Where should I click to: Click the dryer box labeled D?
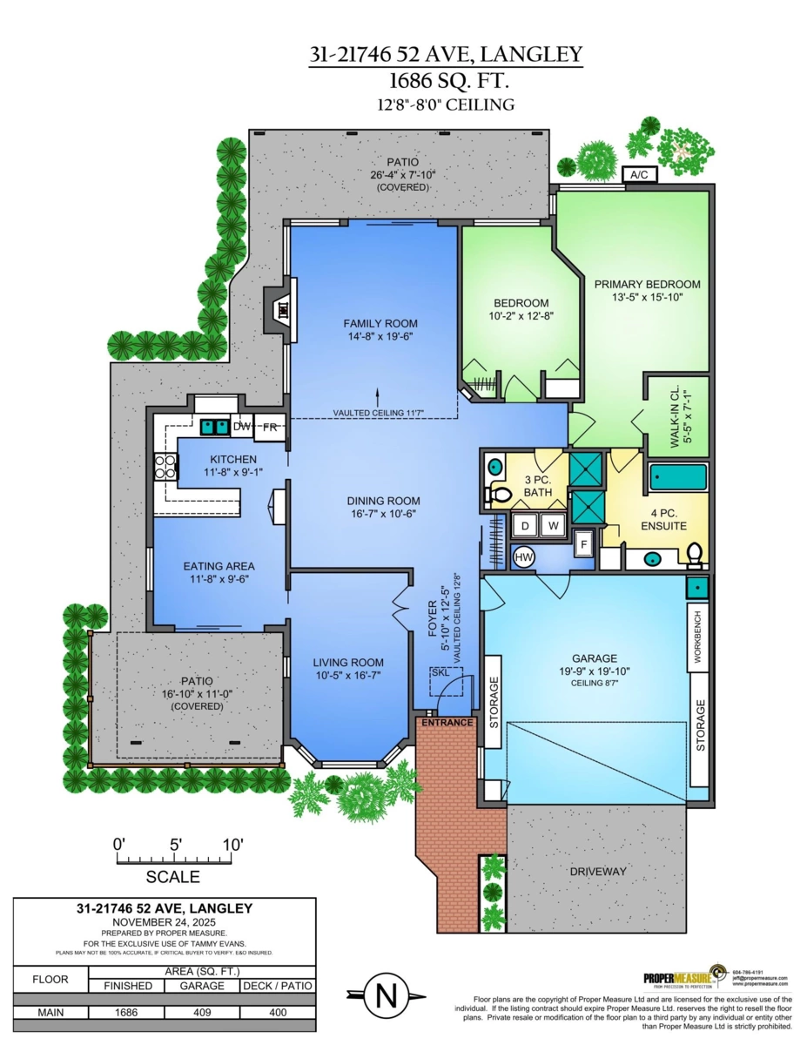(525, 526)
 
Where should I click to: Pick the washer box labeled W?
(553, 526)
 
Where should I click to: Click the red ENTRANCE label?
(447, 723)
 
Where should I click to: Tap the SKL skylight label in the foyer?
(440, 673)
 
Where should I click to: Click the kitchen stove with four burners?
(165, 468)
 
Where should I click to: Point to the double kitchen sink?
(213, 427)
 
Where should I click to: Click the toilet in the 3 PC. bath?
(499, 495)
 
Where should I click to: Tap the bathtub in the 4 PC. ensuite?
(679, 477)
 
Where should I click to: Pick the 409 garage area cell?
(202, 1013)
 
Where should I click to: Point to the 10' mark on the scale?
(232, 845)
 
